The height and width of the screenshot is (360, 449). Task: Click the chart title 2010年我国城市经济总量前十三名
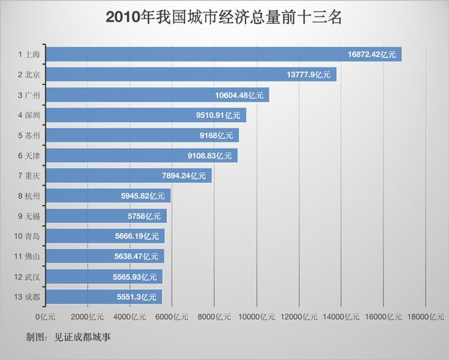point(224,18)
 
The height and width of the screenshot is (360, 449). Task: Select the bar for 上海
point(224,54)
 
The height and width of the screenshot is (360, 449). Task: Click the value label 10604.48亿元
point(240,95)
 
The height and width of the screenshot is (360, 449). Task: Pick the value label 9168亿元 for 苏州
point(216,135)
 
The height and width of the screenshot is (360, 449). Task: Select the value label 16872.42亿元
point(373,54)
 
